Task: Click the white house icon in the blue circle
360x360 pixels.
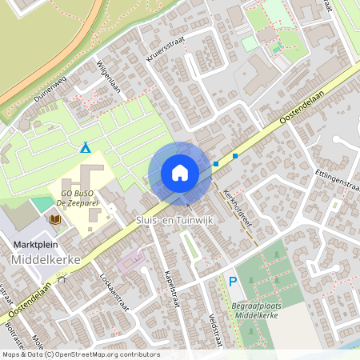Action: pos(180,173)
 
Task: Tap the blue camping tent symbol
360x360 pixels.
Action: pos(86,147)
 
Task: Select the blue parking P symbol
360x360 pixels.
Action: pos(233,281)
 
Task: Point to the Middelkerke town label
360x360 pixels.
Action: pos(44,261)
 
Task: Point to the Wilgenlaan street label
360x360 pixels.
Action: pos(108,76)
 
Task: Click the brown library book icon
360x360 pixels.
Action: pos(55,218)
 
